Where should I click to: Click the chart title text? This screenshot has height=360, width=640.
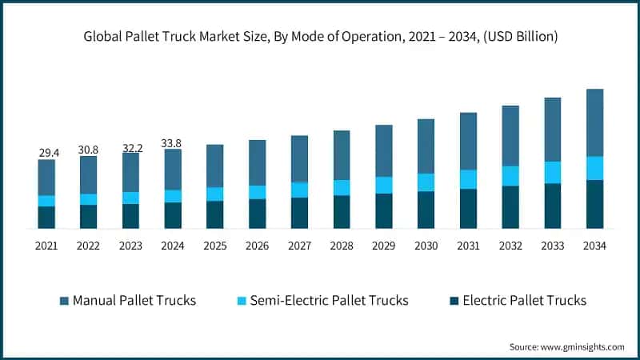(320, 37)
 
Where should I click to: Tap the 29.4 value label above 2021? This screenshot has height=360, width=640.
(47, 152)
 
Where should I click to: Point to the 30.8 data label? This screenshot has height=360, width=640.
(89, 149)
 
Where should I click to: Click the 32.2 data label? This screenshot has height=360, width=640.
(131, 147)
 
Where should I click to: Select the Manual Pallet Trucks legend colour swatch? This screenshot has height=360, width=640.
(64, 301)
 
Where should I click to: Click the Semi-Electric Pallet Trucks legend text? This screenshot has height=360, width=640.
(329, 301)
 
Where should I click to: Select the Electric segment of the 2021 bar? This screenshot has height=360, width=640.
(47, 218)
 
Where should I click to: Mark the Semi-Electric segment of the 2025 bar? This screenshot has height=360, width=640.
(215, 194)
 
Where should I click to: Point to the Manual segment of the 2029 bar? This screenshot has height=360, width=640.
(384, 150)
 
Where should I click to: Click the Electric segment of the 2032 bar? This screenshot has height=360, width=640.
(510, 207)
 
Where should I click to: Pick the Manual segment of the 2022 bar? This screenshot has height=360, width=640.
(89, 174)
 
